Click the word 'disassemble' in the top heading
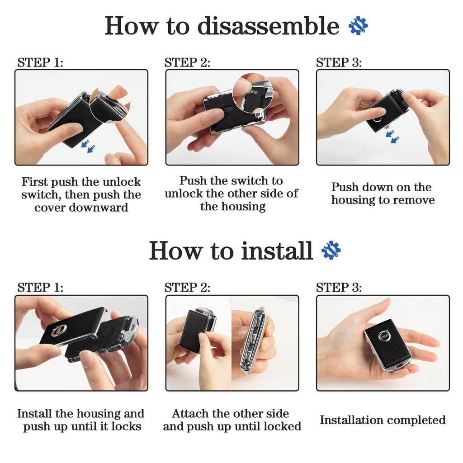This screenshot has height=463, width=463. (x=268, y=26)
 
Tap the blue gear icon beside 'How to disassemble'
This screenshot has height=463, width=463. (x=358, y=26)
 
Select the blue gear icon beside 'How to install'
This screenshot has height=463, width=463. (x=331, y=250)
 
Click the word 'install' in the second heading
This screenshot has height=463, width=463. (x=277, y=250)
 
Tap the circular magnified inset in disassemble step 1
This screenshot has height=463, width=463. (x=110, y=102)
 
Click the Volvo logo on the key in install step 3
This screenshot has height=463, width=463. (x=385, y=336)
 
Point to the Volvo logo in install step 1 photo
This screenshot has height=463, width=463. (x=57, y=330)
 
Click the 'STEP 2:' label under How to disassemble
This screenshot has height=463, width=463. (x=187, y=62)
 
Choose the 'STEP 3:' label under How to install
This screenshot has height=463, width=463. (x=339, y=287)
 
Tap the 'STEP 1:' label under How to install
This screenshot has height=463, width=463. (x=40, y=287)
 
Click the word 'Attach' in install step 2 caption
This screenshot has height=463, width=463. (x=187, y=413)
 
